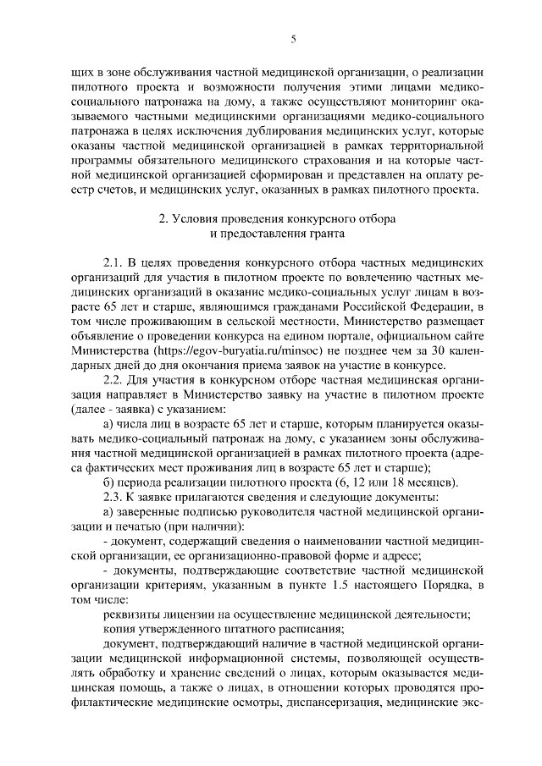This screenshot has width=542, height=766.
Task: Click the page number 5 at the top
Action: (x=293, y=38)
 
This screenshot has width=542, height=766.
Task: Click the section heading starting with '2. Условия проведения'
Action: (x=279, y=219)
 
